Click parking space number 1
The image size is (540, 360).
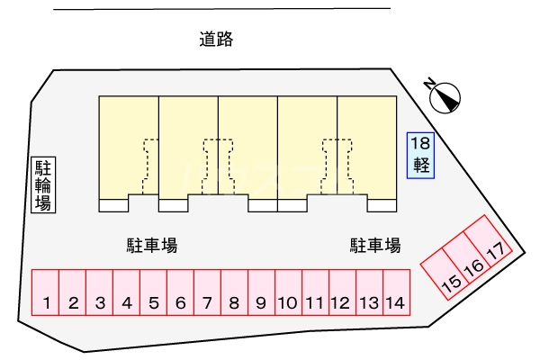(x=46, y=292)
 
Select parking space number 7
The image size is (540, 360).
(x=207, y=292)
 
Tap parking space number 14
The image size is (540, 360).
(x=396, y=292)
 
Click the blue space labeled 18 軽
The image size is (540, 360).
(x=420, y=156)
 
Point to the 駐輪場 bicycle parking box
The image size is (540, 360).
(x=43, y=184)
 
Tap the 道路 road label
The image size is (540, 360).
(x=216, y=39)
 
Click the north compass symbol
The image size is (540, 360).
(x=445, y=98)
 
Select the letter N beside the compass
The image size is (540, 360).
(x=429, y=84)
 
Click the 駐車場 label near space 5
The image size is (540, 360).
(x=152, y=246)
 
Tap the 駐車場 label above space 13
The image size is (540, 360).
(x=375, y=246)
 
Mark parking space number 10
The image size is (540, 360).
(x=289, y=292)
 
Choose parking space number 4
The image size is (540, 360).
(x=126, y=292)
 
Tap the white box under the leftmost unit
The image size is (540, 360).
(x=113, y=205)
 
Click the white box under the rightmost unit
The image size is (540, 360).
(x=382, y=205)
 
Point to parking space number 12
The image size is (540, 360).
(x=342, y=292)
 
